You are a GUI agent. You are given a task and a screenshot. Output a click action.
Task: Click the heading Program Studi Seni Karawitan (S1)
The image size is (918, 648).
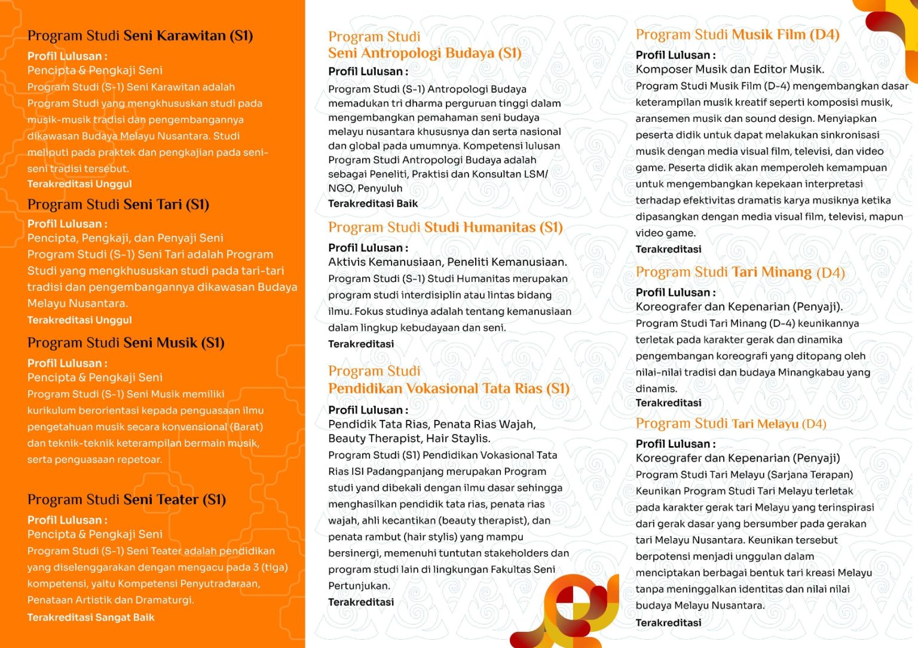(140, 36)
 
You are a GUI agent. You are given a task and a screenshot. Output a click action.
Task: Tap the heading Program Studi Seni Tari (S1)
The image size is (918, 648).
(118, 205)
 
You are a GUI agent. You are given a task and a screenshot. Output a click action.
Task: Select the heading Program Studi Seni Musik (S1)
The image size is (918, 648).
(126, 343)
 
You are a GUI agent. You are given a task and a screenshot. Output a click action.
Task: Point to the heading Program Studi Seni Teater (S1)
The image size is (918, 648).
(126, 500)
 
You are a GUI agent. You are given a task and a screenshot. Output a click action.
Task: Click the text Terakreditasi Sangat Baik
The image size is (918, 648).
(91, 618)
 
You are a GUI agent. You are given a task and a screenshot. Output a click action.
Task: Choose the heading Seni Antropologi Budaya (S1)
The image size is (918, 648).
(424, 53)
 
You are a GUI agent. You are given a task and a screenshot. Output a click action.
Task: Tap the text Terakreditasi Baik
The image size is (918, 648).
(373, 204)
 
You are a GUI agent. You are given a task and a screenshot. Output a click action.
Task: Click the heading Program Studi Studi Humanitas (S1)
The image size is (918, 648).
(445, 228)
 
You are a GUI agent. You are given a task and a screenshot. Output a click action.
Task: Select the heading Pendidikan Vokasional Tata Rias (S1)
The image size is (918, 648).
(448, 389)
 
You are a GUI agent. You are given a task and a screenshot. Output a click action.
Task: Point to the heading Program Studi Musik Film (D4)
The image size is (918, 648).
(737, 35)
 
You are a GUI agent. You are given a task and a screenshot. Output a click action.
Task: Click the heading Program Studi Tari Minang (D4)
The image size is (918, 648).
(740, 272)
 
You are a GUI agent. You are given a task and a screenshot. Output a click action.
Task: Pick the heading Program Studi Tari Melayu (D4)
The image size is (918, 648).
(730, 424)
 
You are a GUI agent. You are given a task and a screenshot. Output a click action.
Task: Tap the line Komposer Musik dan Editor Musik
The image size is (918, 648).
(729, 69)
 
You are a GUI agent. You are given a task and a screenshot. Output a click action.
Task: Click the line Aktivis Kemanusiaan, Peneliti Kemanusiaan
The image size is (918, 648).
(447, 262)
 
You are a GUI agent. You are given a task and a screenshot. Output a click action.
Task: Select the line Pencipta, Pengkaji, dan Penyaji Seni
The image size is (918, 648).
(125, 238)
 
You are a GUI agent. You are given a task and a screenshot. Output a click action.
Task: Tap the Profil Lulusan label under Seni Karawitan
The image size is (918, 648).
(67, 56)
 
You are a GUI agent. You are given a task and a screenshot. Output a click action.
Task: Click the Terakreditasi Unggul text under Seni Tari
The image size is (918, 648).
(79, 320)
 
